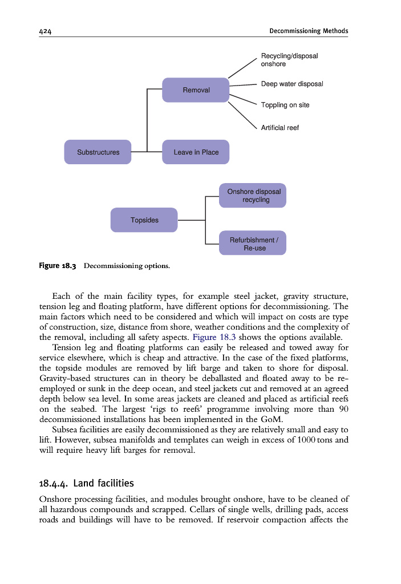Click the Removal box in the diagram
pos(196,90)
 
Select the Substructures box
pos(98,152)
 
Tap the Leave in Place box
pos(196,152)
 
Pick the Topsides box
pos(144,220)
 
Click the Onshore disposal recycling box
pos(254,196)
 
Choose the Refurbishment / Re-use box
pos(254,244)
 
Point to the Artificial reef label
pos(280,128)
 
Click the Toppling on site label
pos(285,105)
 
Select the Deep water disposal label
pos(291,84)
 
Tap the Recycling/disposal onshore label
pos(289,60)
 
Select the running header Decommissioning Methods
pos(309,31)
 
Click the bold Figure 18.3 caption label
pos(58,266)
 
